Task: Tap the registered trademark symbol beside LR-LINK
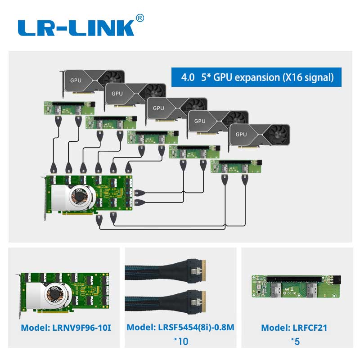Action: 140,18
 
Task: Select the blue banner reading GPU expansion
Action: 257,77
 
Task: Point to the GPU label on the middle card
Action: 158,108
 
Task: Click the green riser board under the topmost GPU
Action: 69,108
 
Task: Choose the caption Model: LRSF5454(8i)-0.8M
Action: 180,328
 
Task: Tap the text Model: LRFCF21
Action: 294,328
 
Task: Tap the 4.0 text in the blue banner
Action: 188,77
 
